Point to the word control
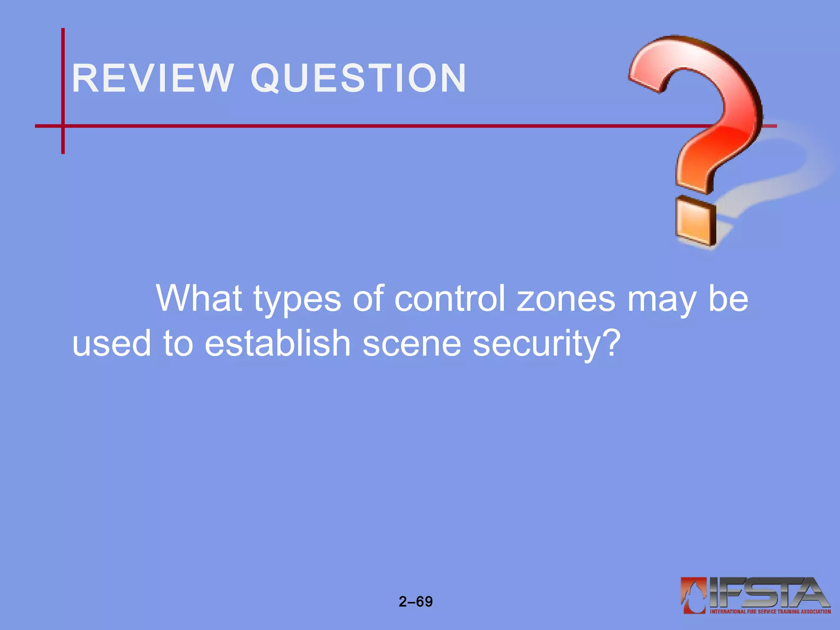pos(450,299)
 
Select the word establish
pos(277,343)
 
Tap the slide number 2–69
pos(415,602)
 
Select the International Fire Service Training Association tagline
pos(770,612)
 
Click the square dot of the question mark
pos(696,221)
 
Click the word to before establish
pos(178,343)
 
